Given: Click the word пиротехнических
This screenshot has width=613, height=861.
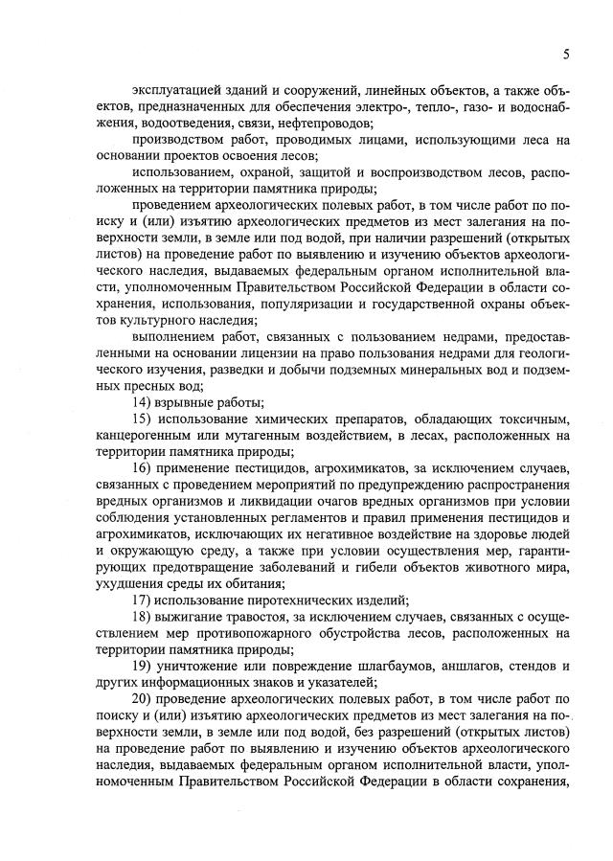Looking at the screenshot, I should [x=287, y=600].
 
